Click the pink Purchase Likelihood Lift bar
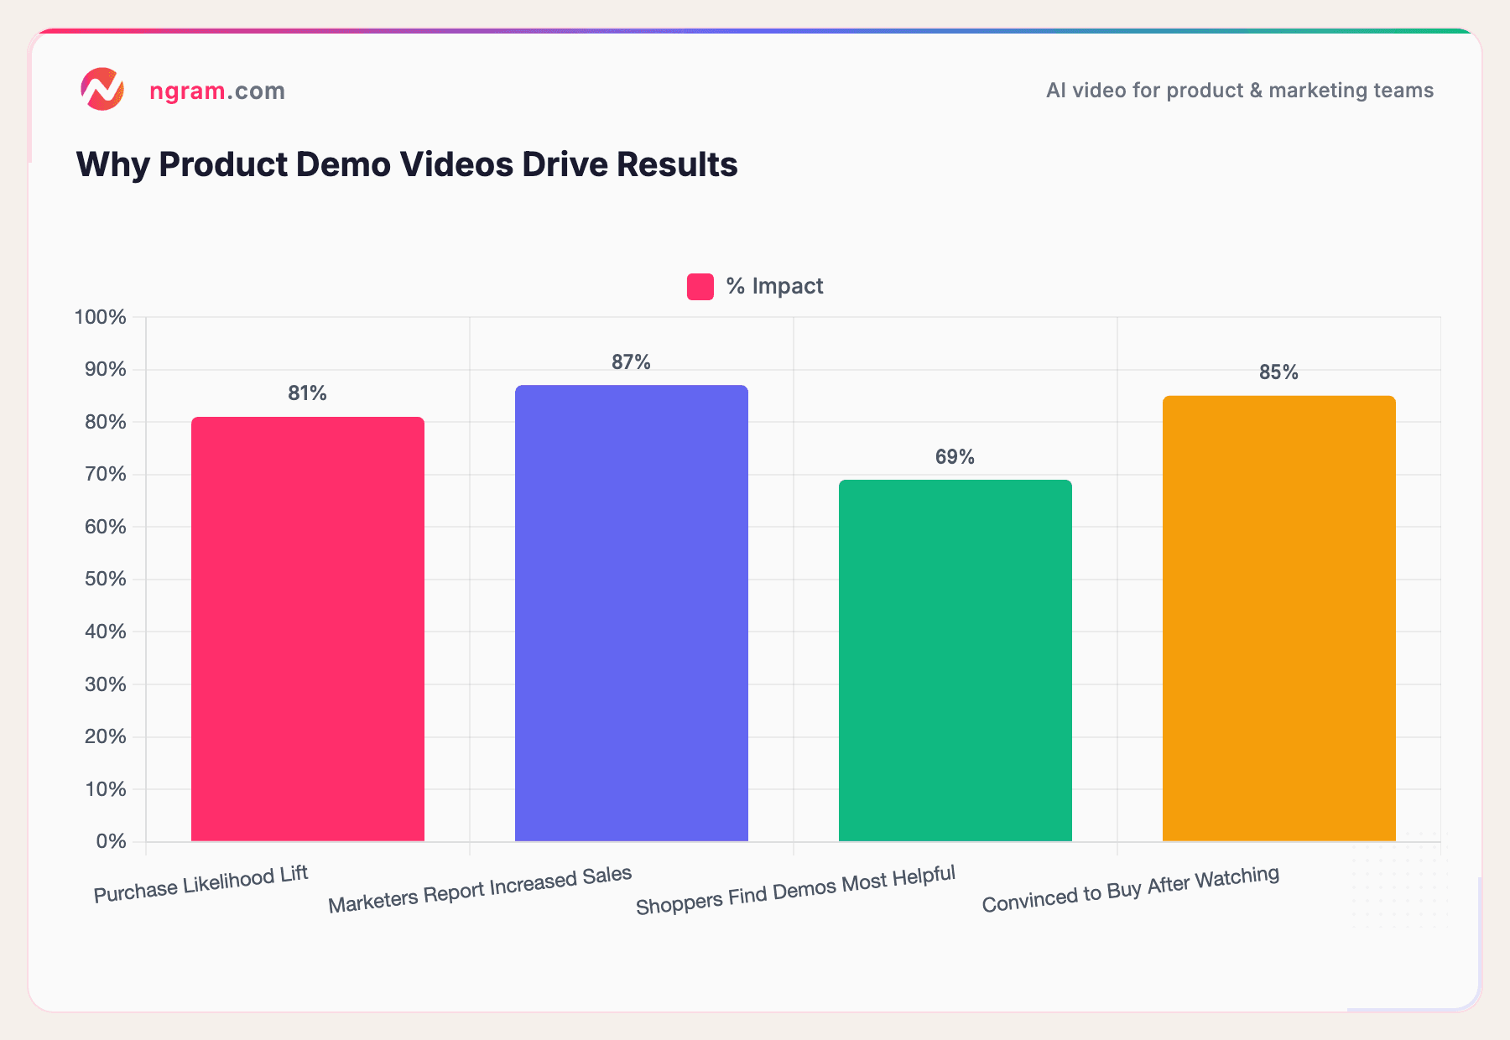pyautogui.click(x=307, y=629)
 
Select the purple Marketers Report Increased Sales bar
pyautogui.click(x=631, y=613)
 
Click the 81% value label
pyautogui.click(x=307, y=393)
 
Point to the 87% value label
pyautogui.click(x=631, y=362)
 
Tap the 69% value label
pyautogui.click(x=955, y=457)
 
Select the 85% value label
pyautogui.click(x=1278, y=372)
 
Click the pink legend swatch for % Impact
pyautogui.click(x=700, y=287)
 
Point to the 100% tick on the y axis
pyautogui.click(x=101, y=317)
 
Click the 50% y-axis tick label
pyautogui.click(x=105, y=580)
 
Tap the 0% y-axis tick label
pyautogui.click(x=110, y=841)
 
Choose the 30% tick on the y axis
pyautogui.click(x=105, y=684)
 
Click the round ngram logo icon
pyautogui.click(x=102, y=89)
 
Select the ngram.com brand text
pyautogui.click(x=216, y=91)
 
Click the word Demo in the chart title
pyautogui.click(x=344, y=164)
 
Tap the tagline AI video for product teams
pyautogui.click(x=1239, y=91)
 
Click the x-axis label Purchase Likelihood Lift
pyautogui.click(x=201, y=884)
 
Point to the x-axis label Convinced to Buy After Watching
pyautogui.click(x=1130, y=889)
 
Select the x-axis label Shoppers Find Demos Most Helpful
pyautogui.click(x=795, y=890)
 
